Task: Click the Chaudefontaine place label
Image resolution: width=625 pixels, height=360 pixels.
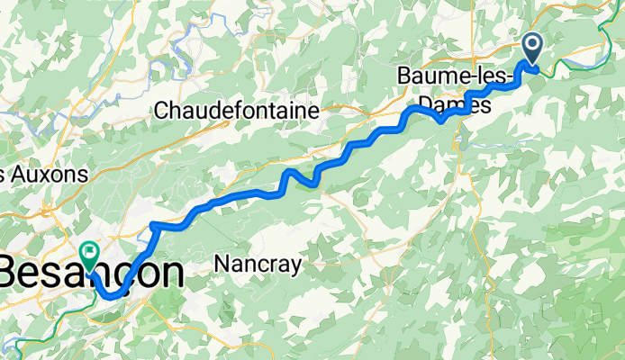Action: [x=238, y=112]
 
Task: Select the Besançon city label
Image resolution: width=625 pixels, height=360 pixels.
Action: [x=90, y=273]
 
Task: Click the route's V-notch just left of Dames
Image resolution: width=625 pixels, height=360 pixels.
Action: [x=439, y=119]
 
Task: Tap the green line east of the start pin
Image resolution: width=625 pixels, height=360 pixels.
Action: [x=576, y=59]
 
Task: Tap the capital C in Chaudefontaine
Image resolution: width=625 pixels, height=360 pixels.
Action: [x=162, y=112]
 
